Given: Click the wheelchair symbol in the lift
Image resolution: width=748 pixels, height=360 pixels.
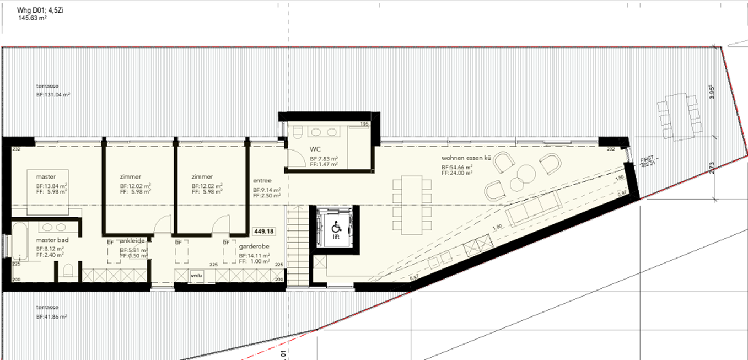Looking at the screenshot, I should [335, 227].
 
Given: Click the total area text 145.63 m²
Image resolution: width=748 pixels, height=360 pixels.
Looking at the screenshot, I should [33, 18].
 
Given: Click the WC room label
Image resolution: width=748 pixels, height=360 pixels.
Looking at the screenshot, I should [315, 149].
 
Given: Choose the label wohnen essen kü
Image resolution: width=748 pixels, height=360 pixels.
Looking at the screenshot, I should [466, 158].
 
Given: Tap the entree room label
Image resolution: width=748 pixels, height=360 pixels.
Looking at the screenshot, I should [262, 181].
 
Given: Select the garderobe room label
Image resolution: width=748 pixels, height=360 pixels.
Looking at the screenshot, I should [253, 248].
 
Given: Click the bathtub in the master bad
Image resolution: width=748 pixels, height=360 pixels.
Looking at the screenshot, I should [21, 241].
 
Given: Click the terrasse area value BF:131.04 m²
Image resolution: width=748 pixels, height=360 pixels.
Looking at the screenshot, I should [53, 95].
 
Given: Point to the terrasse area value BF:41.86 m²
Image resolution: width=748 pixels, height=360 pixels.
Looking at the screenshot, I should [51, 317].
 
